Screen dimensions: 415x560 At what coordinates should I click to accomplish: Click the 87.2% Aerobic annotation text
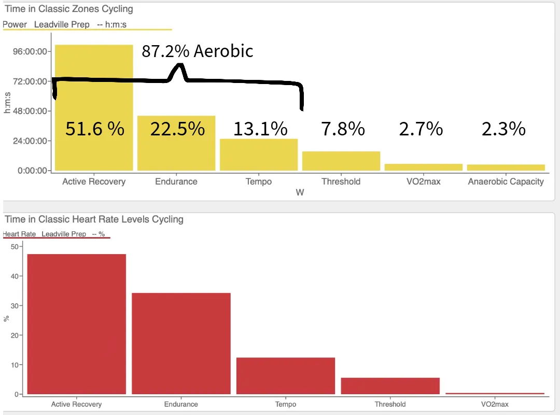pyautogui.click(x=198, y=51)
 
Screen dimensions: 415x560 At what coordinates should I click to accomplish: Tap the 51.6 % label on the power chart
pyautogui.click(x=95, y=129)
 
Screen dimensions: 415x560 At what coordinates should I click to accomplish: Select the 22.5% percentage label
pyautogui.click(x=177, y=129)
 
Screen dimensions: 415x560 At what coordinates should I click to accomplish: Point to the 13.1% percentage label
pyautogui.click(x=260, y=129)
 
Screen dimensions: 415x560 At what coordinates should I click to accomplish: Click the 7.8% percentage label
pyautogui.click(x=343, y=129)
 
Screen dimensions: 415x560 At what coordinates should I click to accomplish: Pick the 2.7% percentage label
pyautogui.click(x=421, y=129)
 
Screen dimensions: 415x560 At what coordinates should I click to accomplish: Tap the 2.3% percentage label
pyautogui.click(x=503, y=129)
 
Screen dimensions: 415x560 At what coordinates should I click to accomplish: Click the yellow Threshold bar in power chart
pyautogui.click(x=341, y=161)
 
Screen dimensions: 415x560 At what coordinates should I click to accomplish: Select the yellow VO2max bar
pyautogui.click(x=424, y=167)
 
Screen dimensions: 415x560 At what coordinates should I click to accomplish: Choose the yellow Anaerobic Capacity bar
pyautogui.click(x=506, y=168)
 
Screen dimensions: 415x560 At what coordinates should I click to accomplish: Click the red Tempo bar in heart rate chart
pyautogui.click(x=286, y=376)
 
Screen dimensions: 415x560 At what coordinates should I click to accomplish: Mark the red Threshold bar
pyautogui.click(x=390, y=385)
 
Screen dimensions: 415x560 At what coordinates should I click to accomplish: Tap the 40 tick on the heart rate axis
pyautogui.click(x=14, y=276)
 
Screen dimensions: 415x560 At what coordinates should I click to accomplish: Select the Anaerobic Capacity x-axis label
pyautogui.click(x=506, y=182)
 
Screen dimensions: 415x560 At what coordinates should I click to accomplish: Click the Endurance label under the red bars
pyautogui.click(x=181, y=404)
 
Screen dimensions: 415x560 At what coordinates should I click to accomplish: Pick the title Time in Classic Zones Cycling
pyautogui.click(x=69, y=9)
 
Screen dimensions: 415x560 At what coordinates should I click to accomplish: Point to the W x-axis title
pyautogui.click(x=300, y=193)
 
